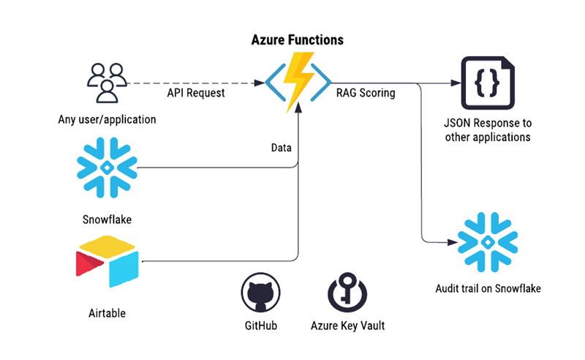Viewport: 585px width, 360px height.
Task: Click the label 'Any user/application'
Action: pyautogui.click(x=107, y=120)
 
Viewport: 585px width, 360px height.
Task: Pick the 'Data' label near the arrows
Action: pyautogui.click(x=281, y=148)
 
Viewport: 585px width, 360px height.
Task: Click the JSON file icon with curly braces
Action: pyautogui.click(x=486, y=83)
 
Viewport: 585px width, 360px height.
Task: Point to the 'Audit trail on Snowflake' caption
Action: pyautogui.click(x=487, y=288)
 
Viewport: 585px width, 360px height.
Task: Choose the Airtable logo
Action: pyautogui.click(x=107, y=262)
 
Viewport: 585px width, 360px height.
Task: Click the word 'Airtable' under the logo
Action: pyautogui.click(x=107, y=313)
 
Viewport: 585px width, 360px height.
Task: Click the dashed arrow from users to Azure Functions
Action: pyautogui.click(x=194, y=83)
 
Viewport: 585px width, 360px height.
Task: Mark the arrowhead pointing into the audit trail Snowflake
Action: pyautogui.click(x=450, y=241)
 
